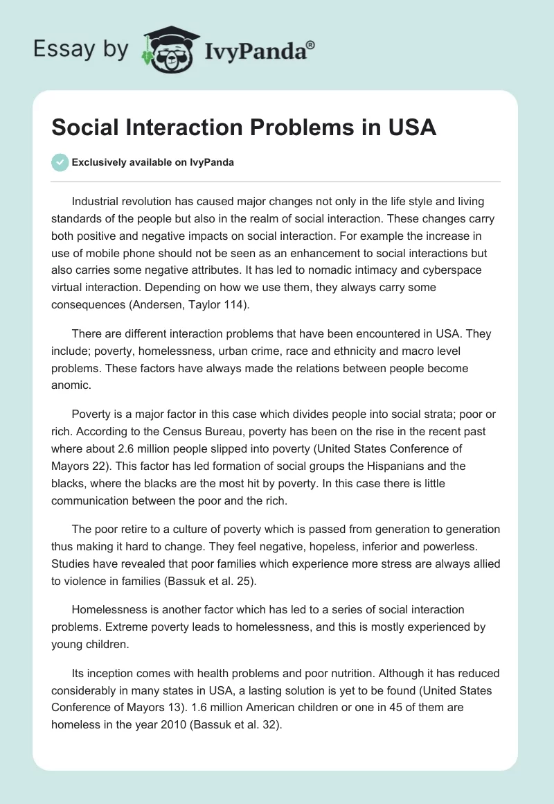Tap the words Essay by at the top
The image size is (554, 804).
pyautogui.click(x=81, y=49)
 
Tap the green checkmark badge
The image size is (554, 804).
pyautogui.click(x=60, y=162)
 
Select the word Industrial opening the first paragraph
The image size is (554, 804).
pyautogui.click(x=100, y=202)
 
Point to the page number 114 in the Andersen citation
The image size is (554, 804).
pyautogui.click(x=249, y=304)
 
